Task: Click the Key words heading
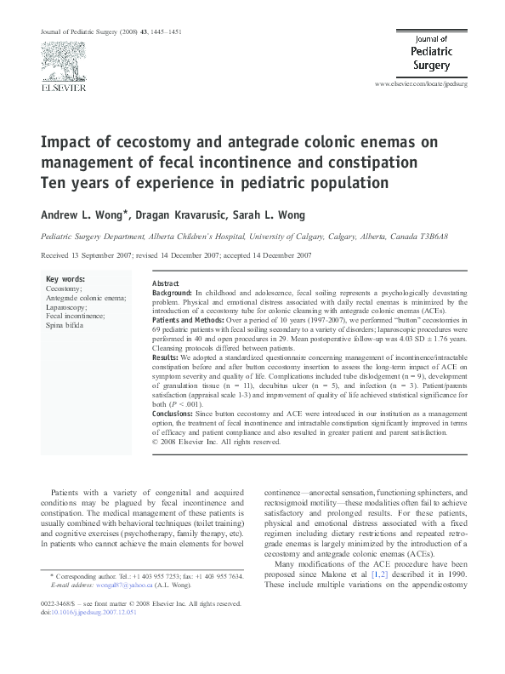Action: tap(65, 279)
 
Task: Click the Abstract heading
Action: tap(165, 283)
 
